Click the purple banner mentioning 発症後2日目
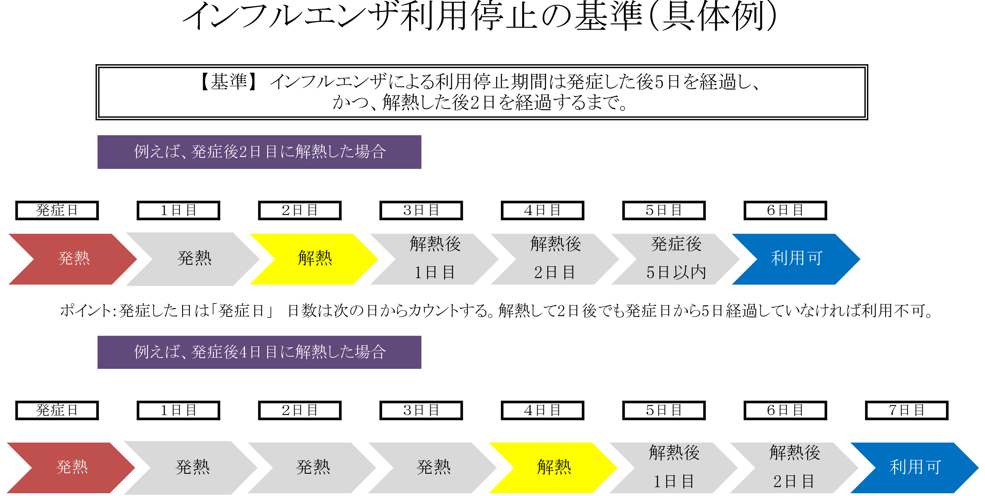point(259,152)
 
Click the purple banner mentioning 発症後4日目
point(259,352)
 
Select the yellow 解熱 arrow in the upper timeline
point(314,259)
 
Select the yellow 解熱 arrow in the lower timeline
point(554,467)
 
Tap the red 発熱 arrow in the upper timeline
point(73,259)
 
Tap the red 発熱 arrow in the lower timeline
point(72,467)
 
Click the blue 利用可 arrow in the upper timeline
point(796,259)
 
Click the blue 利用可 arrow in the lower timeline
point(915,467)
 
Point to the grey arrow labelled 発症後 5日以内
point(676,259)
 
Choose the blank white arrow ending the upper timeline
point(914,259)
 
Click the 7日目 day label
point(906,410)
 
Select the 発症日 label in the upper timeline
point(57,210)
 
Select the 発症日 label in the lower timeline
point(57,410)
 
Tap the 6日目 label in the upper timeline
point(785,210)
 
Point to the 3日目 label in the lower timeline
point(421,410)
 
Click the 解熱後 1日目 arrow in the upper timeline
point(435,259)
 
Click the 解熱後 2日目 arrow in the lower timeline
point(795,467)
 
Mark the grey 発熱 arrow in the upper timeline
point(194,259)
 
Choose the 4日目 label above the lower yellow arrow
point(542,410)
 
